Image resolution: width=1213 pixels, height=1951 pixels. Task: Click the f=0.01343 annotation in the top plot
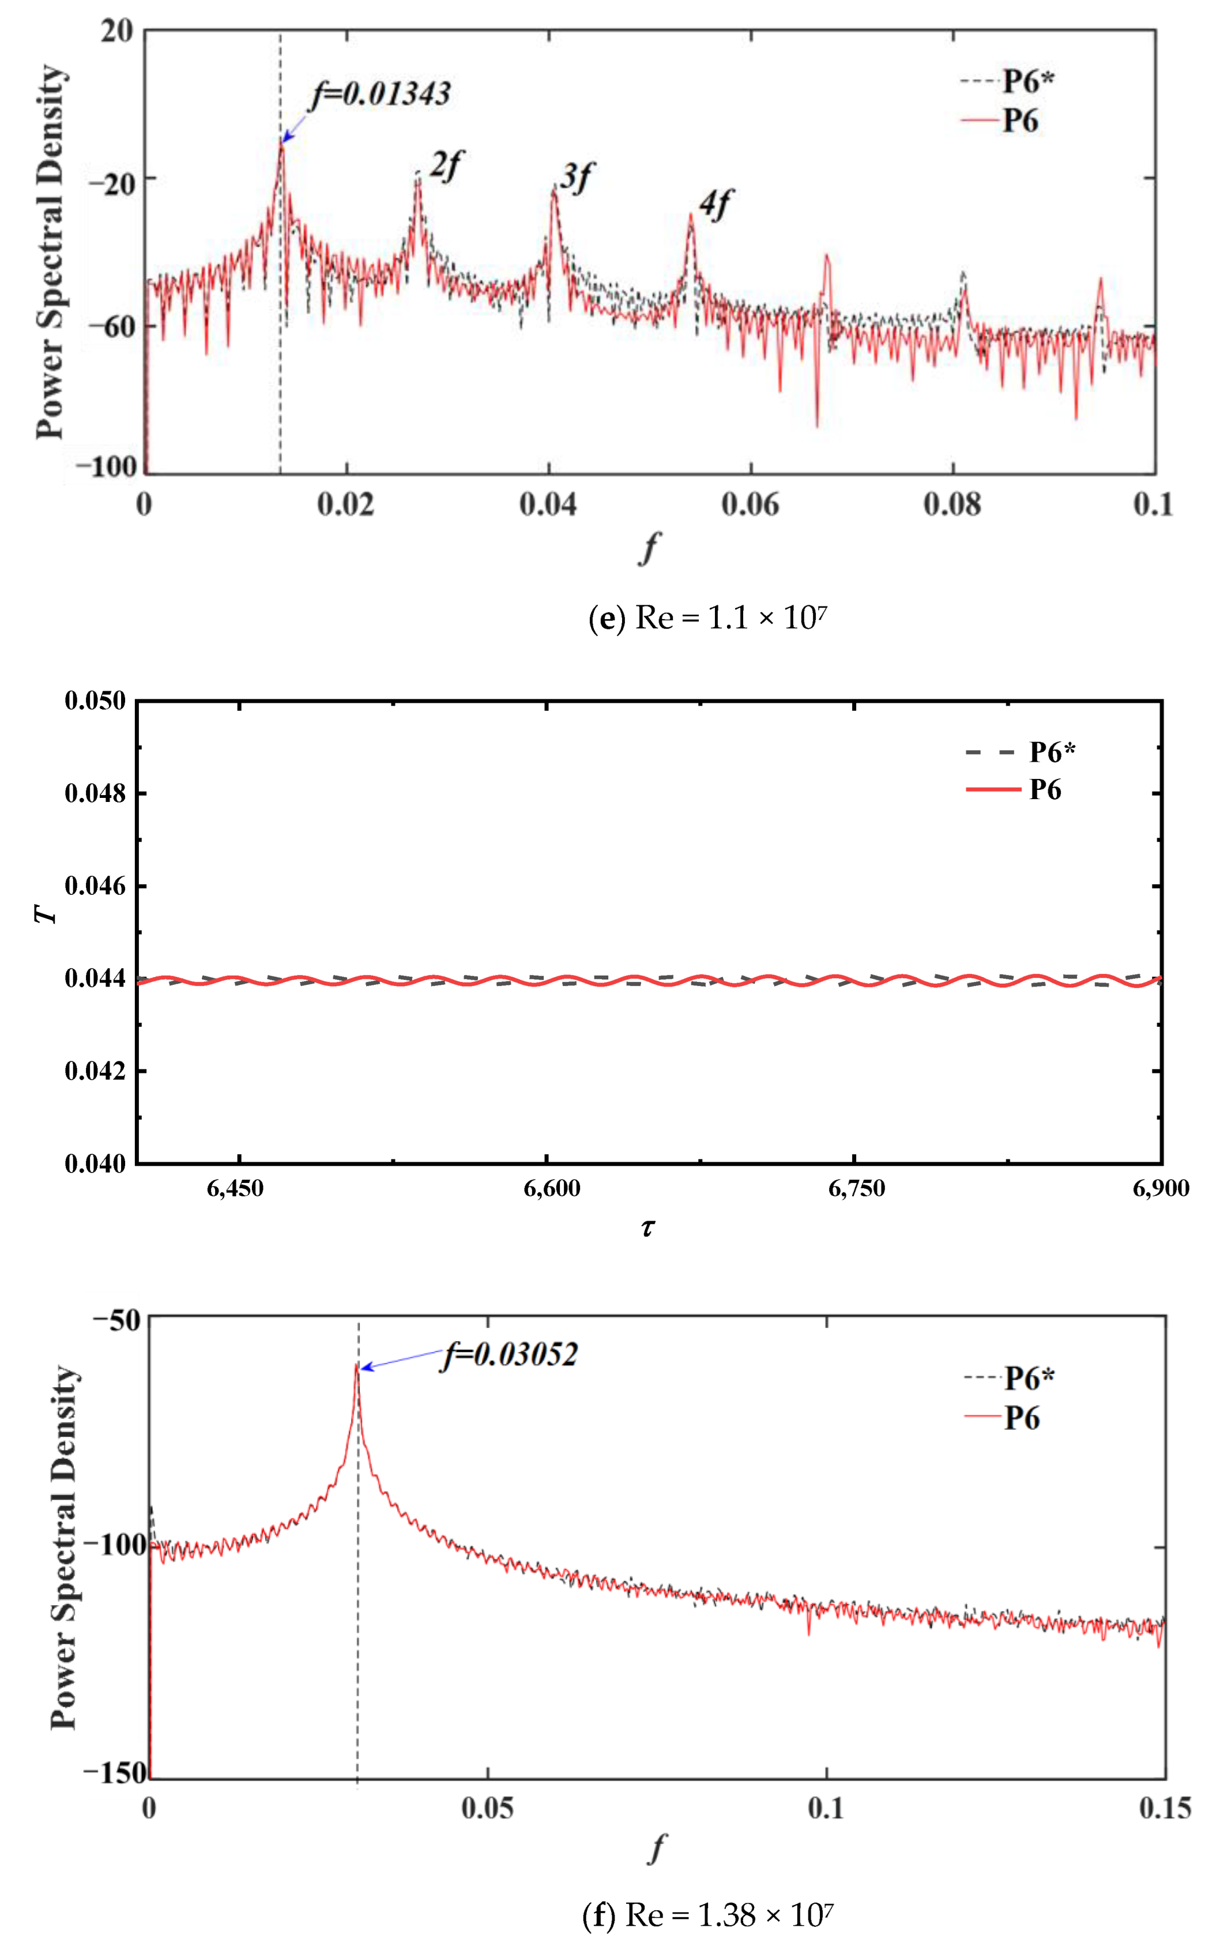(381, 94)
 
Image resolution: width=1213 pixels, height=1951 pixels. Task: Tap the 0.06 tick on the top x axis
(749, 504)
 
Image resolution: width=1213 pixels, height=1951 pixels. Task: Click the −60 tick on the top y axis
(111, 326)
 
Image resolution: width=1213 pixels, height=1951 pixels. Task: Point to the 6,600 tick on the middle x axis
(552, 1188)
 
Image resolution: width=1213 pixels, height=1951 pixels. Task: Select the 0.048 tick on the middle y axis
(95, 793)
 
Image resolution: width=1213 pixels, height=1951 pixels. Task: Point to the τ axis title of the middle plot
(647, 1228)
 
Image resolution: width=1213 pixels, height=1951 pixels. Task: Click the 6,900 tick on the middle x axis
(1160, 1188)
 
